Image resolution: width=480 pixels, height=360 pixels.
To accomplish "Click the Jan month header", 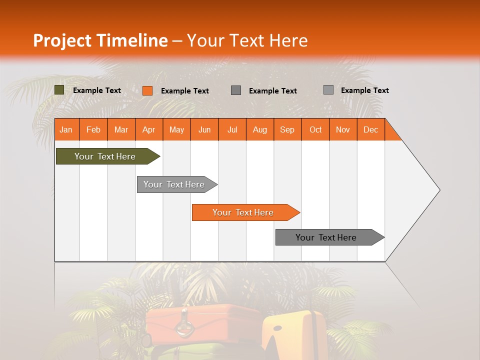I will [66, 129].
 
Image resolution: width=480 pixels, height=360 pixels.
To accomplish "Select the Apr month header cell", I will [149, 129].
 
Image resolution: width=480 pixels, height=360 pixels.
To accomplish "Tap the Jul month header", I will [232, 129].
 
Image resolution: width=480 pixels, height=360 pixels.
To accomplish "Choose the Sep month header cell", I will [287, 129].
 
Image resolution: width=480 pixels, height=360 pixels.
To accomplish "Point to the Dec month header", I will [370, 129].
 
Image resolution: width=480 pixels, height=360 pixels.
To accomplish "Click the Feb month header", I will [93, 129].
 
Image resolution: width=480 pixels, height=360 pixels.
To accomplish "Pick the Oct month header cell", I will [315, 129].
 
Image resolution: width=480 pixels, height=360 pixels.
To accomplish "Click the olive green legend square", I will [59, 90].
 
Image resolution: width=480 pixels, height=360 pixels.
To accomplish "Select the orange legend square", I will [147, 90].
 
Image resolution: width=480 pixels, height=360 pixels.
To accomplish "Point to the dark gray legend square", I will [236, 90].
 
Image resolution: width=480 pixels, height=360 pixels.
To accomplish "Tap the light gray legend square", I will [328, 90].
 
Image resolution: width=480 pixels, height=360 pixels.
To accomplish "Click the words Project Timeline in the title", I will [100, 40].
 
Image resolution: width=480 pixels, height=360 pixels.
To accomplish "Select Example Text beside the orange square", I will [184, 91].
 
